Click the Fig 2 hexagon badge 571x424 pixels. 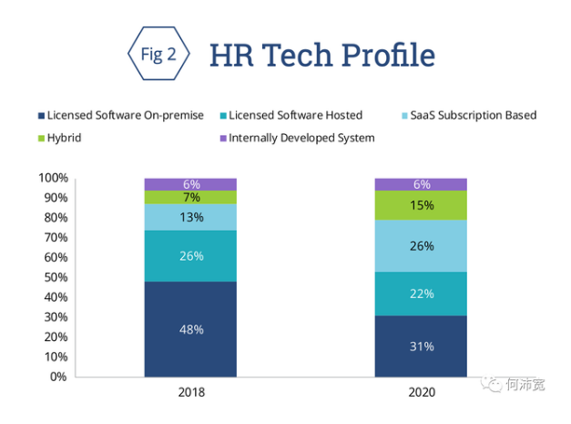[x=158, y=54]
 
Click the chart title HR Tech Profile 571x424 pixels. [x=321, y=55]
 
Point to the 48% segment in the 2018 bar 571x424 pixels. [x=190, y=328]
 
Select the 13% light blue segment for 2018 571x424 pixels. [x=190, y=217]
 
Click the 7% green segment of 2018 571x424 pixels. [x=190, y=197]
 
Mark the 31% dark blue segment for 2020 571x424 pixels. [x=420, y=346]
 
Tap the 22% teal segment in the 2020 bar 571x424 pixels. [x=420, y=294]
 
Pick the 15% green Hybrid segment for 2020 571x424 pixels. [x=420, y=205]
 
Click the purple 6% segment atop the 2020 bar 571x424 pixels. [x=420, y=183]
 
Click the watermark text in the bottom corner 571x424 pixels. [x=525, y=385]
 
